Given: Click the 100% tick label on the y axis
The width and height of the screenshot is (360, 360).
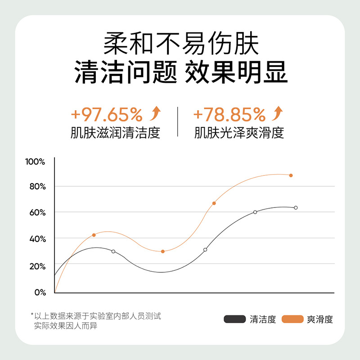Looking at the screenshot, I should (35, 161).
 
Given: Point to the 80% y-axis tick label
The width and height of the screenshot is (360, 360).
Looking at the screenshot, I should (36, 186).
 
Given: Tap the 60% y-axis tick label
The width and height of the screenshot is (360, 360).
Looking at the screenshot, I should (36, 212).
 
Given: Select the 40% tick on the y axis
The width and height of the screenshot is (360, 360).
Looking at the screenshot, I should (36, 238).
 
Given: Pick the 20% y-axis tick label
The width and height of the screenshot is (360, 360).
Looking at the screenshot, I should (36, 266).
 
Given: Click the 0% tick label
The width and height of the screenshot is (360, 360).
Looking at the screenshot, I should (39, 292).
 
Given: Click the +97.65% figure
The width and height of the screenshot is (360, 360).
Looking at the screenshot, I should (107, 116).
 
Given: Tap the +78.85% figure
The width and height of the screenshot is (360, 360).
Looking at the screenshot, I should (229, 116).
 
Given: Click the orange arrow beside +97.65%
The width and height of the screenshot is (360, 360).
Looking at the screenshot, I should (155, 114).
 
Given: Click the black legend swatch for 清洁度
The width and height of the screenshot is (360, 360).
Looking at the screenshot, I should (234, 319).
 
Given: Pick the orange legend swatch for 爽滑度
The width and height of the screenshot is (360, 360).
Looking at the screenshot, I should (292, 319).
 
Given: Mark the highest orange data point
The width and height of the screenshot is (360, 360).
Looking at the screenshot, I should (291, 175).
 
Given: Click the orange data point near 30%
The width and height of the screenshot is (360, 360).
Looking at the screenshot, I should (162, 251).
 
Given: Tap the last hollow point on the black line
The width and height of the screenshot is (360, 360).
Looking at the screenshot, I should (296, 207).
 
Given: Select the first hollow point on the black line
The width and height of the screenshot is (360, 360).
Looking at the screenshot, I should (113, 251).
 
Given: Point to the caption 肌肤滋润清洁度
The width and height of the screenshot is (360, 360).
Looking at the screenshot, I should (115, 134).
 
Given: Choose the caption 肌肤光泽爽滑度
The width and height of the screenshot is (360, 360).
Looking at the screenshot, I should (239, 134).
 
